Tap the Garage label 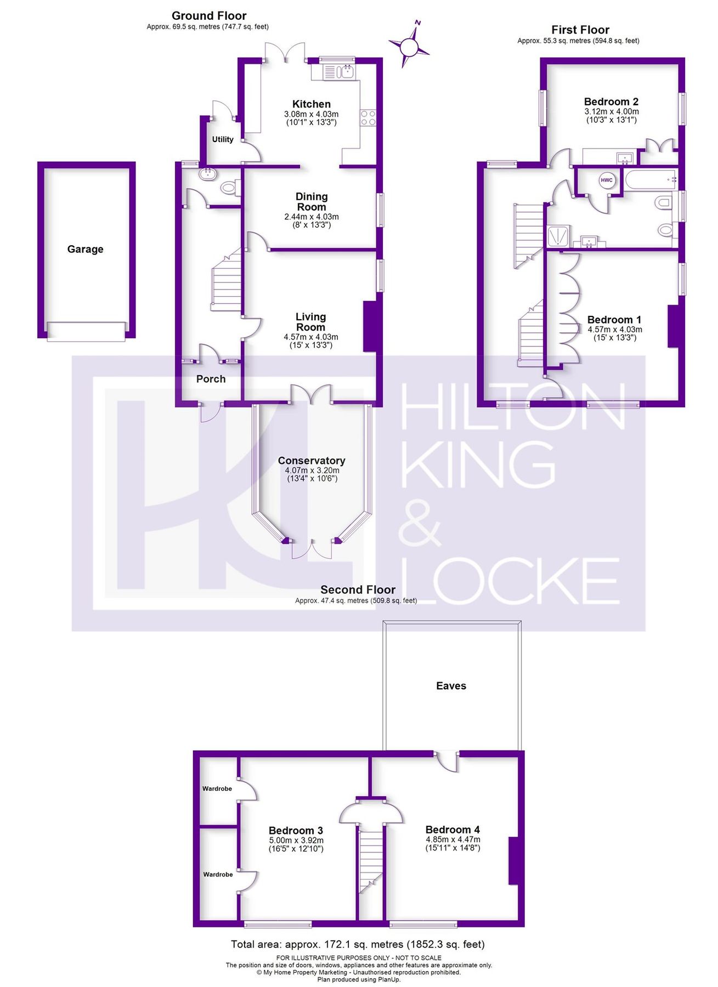coord(85,249)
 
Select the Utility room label coord(223,139)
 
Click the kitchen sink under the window coord(340,71)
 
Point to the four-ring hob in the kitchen coord(368,118)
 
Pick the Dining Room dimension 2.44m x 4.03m coord(311,217)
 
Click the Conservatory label coord(311,461)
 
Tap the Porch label coord(211,379)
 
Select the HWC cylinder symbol coord(606,180)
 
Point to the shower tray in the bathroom coord(558,236)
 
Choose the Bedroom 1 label coord(614,320)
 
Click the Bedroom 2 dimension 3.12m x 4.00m coord(611,111)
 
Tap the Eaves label coord(451,686)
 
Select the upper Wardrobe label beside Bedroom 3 coord(217,789)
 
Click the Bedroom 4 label coord(453,830)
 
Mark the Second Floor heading coord(358,589)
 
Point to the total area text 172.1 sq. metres coord(358,944)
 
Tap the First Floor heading coord(580,30)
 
